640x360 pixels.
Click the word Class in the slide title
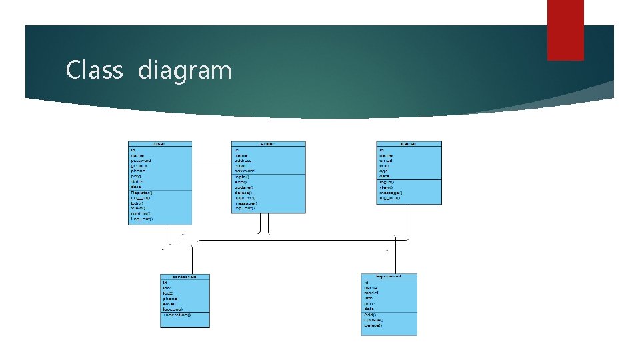tap(94, 70)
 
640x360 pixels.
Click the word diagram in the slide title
tap(185, 70)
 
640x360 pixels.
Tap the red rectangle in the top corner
tap(565, 30)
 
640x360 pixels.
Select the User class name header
tap(160, 144)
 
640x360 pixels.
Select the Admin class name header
tap(268, 144)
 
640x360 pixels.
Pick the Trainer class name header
tap(409, 144)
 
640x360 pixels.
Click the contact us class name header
tap(185, 277)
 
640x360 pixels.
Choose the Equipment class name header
tap(389, 277)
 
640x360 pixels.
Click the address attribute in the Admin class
tap(243, 161)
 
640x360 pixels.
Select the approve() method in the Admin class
tap(245, 198)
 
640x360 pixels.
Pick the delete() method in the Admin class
tap(243, 193)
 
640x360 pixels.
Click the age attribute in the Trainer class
tap(384, 171)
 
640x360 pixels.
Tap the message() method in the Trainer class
tap(391, 193)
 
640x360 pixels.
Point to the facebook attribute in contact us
tap(173, 309)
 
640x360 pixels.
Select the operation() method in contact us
tap(177, 315)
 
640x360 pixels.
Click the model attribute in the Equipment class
tap(371, 293)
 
